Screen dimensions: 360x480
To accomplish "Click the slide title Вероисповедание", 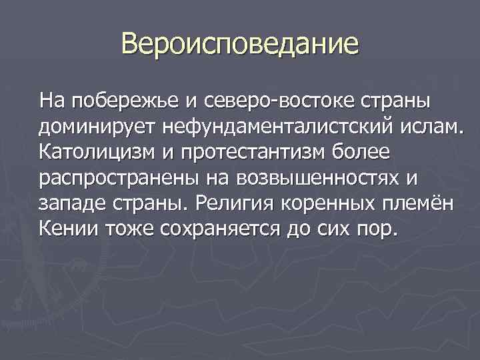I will (240, 45).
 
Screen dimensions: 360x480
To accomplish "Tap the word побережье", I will (125, 101).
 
